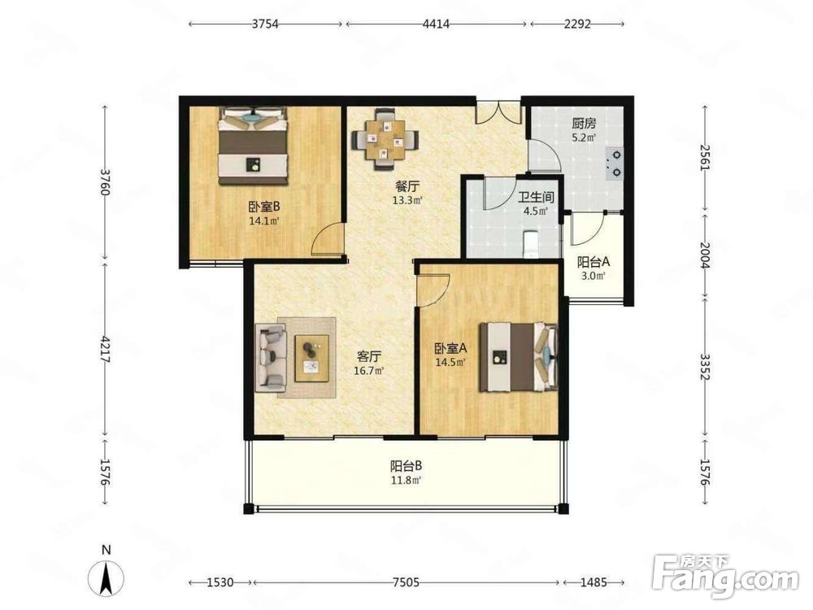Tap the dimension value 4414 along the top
[x=436, y=24]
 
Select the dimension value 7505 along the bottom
[x=406, y=582]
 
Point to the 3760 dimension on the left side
[x=105, y=182]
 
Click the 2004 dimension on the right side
[x=704, y=255]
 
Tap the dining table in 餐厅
[x=385, y=139]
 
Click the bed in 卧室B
[x=253, y=146]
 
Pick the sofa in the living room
[x=271, y=357]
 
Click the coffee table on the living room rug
[x=312, y=359]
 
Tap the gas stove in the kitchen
[x=615, y=163]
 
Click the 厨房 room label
[x=584, y=124]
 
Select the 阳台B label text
[x=406, y=466]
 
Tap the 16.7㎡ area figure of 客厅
[x=368, y=371]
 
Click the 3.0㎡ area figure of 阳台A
[x=593, y=276]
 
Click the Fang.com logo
[x=725, y=575]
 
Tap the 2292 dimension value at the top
[x=577, y=24]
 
